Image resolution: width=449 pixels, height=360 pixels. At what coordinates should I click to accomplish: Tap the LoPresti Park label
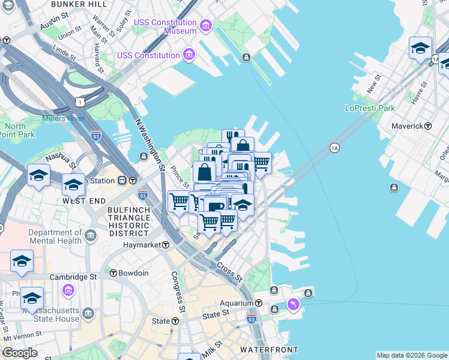370,109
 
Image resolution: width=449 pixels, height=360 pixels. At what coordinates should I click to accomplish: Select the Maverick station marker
428,126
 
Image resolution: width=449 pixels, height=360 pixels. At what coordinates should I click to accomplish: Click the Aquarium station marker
259,303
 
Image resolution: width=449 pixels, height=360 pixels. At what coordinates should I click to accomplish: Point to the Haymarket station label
143,245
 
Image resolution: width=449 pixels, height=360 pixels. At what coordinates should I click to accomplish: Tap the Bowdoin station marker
113,273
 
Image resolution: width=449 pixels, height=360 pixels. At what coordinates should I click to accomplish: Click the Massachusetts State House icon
89,314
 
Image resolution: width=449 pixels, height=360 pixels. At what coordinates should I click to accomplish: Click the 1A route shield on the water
334,148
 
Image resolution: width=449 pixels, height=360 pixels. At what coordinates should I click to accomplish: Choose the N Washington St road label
150,141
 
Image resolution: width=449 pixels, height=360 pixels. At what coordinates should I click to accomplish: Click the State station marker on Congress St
175,321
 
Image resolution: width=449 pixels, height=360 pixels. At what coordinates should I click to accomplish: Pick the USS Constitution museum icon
190,55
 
